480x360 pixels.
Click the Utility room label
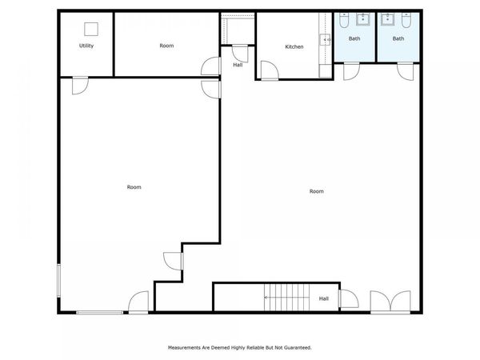86,46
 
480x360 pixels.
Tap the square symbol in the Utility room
90,29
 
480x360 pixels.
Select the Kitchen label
294,46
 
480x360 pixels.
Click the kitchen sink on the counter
326,39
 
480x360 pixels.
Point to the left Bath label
354,38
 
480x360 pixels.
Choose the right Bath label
398,38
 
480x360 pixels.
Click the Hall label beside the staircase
323,298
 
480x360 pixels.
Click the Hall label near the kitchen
238,65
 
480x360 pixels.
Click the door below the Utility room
78,85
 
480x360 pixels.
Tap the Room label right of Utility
166,46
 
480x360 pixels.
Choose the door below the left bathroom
351,71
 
